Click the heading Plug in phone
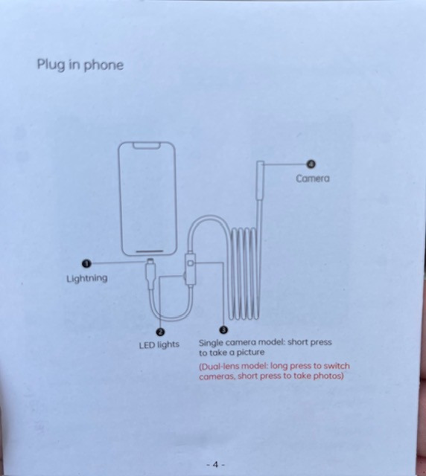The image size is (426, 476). click(80, 65)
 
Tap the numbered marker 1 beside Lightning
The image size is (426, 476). click(86, 263)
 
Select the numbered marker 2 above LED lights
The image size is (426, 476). click(160, 332)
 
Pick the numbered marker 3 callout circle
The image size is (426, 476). click(223, 329)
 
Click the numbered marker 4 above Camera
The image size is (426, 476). click(311, 164)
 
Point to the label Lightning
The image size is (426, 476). click(87, 278)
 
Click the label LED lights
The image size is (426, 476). click(159, 345)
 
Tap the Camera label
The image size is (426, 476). click(313, 178)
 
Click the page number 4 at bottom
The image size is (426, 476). click(215, 464)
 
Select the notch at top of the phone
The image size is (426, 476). click(147, 146)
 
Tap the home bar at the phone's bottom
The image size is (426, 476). click(149, 251)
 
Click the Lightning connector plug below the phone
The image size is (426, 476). click(150, 273)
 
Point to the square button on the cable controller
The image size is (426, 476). click(191, 263)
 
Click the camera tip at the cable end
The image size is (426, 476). click(260, 180)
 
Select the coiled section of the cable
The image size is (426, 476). click(244, 273)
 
